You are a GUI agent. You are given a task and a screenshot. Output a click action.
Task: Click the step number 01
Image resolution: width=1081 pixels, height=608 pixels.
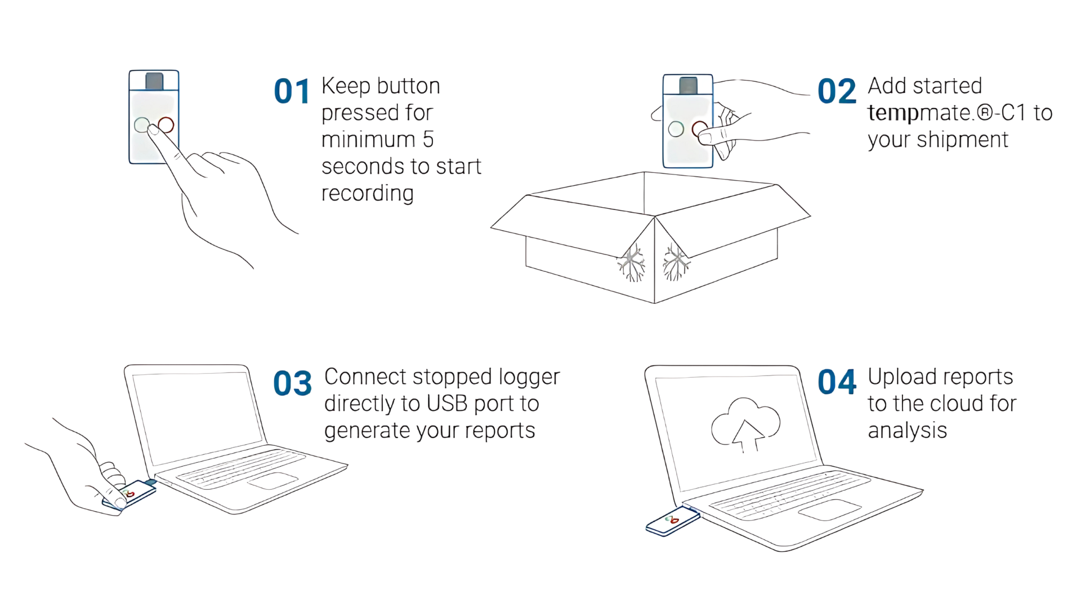292,92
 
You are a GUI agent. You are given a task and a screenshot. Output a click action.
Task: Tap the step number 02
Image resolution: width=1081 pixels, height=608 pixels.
837,92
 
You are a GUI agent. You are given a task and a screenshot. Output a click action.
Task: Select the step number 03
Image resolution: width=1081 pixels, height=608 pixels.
292,383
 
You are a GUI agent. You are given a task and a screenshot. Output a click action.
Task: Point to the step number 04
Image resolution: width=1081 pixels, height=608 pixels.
837,382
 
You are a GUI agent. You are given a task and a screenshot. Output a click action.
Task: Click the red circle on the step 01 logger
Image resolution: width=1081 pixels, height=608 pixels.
166,124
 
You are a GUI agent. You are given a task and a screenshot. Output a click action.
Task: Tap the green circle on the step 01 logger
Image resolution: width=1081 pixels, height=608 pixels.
142,124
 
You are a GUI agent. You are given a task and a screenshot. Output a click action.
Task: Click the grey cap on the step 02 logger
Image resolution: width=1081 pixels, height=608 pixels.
688,85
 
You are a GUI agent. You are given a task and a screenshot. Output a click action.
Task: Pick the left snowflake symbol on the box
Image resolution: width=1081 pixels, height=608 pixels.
632,262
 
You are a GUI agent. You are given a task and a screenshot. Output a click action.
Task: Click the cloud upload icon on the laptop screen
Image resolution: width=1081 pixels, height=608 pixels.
745,424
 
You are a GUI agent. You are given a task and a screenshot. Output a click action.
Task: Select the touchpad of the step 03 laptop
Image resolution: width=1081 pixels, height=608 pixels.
273,481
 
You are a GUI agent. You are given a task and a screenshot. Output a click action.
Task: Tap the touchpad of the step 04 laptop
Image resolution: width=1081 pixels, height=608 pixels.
829,510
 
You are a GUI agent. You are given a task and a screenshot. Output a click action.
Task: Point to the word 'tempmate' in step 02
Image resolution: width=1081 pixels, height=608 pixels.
919,113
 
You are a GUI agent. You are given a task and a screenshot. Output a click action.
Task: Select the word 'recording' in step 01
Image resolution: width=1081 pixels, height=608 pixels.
368,194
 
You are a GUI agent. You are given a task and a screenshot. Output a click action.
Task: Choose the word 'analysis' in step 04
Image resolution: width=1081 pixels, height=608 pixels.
907,431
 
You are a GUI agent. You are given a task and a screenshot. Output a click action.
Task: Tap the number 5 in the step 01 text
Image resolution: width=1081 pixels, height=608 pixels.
428,140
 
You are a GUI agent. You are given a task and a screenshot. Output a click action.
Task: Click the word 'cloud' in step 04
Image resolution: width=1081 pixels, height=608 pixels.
955,404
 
